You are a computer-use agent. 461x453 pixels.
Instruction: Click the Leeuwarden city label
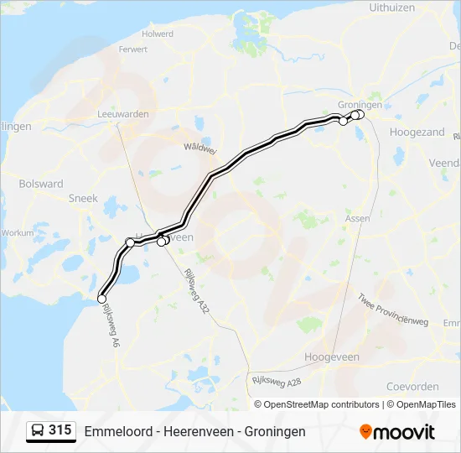pyautogui.click(x=123, y=114)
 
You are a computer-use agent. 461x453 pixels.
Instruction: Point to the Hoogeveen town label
pyautogui.click(x=331, y=357)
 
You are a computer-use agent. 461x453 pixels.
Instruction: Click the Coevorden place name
pyautogui.click(x=412, y=387)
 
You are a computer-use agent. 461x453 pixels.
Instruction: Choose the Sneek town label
pyautogui.click(x=83, y=199)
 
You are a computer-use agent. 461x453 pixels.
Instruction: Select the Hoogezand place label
pyautogui.click(x=417, y=132)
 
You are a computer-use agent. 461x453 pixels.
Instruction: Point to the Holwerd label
pyautogui.click(x=158, y=34)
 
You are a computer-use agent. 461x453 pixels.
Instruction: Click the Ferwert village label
pyautogui.click(x=133, y=49)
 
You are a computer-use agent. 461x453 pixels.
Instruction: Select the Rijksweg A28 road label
pyautogui.click(x=276, y=382)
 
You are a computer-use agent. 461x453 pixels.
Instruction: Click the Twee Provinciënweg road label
pyautogui.click(x=393, y=310)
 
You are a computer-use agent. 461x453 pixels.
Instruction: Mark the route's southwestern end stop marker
pyautogui.click(x=102, y=299)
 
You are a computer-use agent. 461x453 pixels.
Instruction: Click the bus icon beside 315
pyautogui.click(x=38, y=431)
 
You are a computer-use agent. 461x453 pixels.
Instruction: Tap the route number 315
pyautogui.click(x=60, y=430)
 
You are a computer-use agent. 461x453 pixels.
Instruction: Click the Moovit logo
pyautogui.click(x=397, y=432)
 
